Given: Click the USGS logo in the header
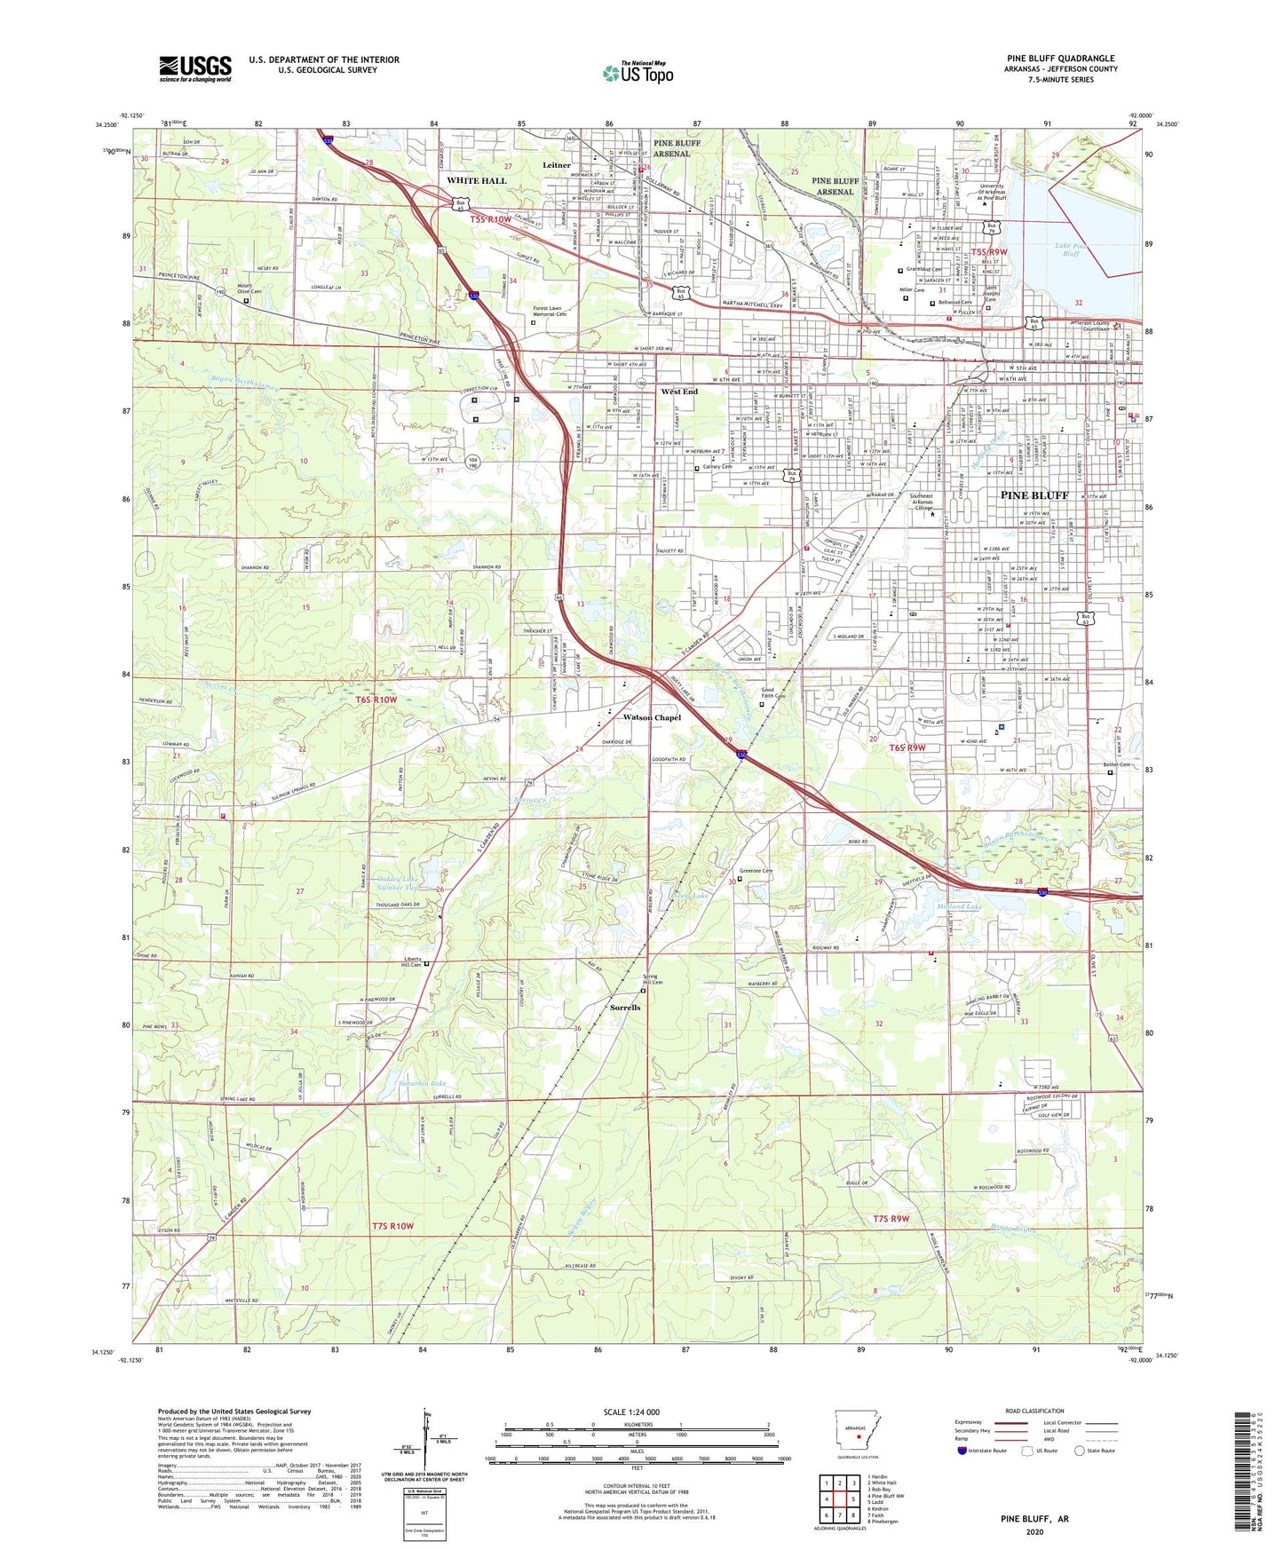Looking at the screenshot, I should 195,68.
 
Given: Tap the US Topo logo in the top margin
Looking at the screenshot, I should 638,73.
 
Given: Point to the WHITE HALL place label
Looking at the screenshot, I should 476,180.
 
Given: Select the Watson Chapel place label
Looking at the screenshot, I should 652,717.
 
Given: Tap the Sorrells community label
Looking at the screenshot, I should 625,1008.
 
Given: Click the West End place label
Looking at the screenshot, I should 679,391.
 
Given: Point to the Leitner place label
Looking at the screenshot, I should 557,165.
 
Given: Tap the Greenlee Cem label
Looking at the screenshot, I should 756,871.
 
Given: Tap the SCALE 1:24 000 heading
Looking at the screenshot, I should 630,1412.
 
